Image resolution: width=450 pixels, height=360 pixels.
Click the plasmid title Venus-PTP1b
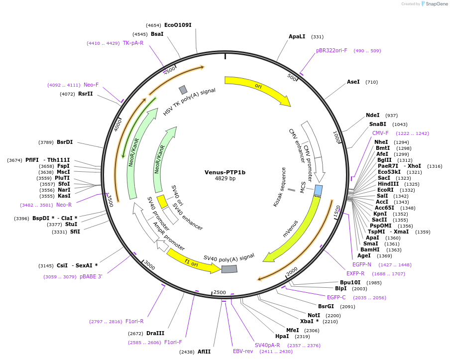[225, 172]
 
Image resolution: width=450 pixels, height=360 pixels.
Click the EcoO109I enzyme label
[178, 25]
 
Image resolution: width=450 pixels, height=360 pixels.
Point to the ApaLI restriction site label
[297, 36]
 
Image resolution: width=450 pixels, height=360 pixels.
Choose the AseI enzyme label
[353, 82]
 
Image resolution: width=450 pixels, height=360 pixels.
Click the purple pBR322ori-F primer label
[332, 50]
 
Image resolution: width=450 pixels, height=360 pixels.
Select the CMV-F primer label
[380, 133]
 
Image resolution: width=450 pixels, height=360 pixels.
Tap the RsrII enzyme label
[85, 94]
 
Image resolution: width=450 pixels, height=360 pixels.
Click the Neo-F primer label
[91, 85]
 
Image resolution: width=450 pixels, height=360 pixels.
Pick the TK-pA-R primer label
[133, 43]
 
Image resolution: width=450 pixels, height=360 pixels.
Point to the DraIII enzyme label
[155, 333]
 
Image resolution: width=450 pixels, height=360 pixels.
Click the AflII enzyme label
[204, 352]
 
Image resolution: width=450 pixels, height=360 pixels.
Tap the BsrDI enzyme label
[65, 142]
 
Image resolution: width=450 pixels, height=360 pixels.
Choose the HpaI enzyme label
[282, 336]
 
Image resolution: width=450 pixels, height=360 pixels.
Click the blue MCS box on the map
[318, 190]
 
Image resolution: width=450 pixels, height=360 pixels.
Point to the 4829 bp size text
[225, 179]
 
